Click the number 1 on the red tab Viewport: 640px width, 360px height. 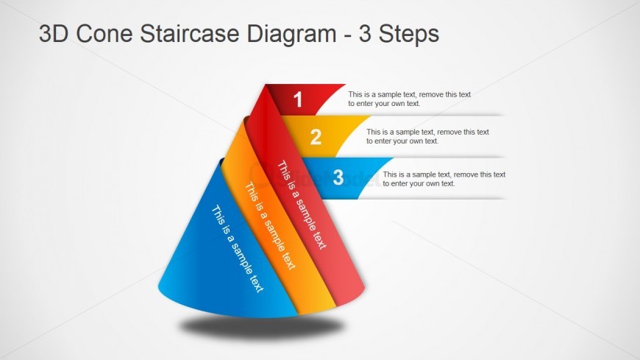[x=298, y=100]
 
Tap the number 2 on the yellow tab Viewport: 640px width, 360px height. [x=316, y=137]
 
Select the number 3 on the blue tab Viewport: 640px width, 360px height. [x=338, y=177]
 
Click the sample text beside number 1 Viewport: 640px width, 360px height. [x=409, y=99]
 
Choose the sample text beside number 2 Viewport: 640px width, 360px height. [x=427, y=136]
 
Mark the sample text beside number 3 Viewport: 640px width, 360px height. [x=444, y=179]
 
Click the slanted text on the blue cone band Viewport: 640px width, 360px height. [x=237, y=249]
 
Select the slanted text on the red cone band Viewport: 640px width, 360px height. [x=301, y=204]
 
